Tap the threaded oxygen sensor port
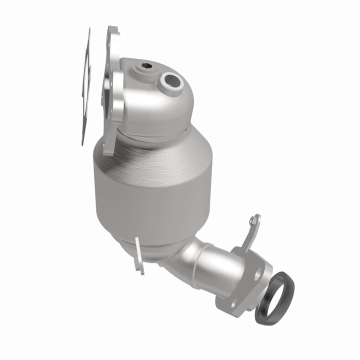click(171, 78)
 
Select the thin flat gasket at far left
click(86, 85)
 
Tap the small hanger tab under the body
click(139, 255)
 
